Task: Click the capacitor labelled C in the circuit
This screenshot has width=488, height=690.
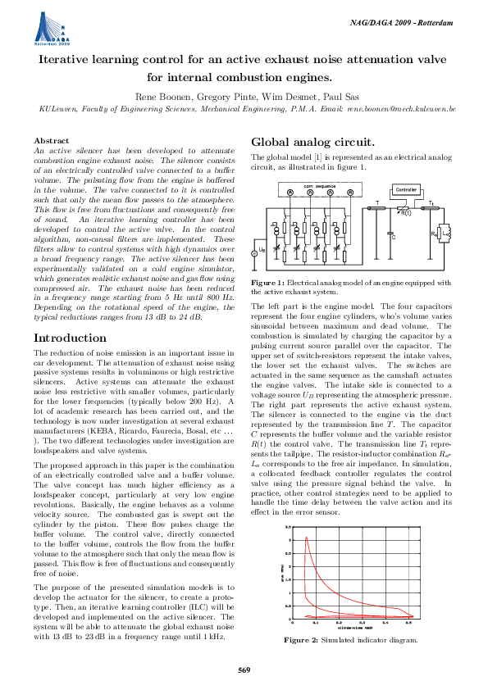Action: [x=392, y=237]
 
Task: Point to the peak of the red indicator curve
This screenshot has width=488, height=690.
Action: [x=306, y=538]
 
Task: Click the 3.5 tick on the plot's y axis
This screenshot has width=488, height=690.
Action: [x=289, y=527]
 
